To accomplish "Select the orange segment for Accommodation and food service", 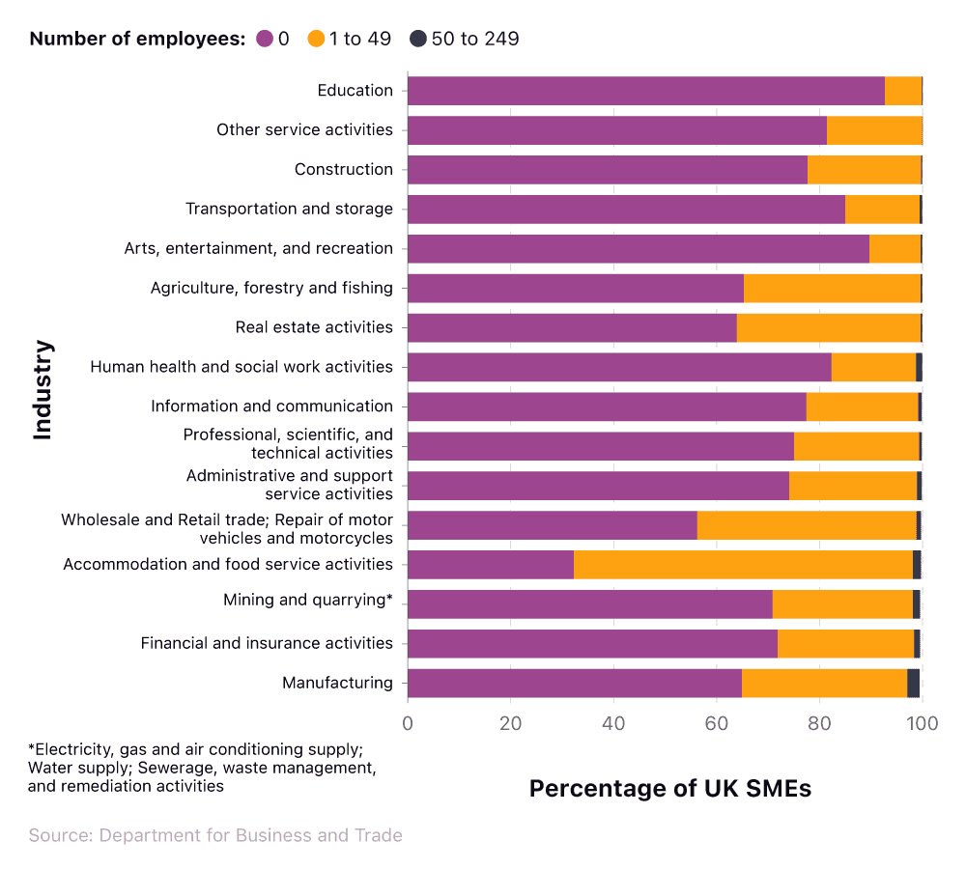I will click(x=743, y=565).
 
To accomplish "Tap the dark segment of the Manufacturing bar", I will click(x=913, y=684).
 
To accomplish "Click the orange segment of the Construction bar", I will click(x=864, y=170).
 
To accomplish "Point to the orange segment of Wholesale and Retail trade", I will click(x=806, y=525).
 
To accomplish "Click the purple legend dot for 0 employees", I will click(x=265, y=40).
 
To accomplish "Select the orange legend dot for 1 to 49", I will click(x=316, y=40).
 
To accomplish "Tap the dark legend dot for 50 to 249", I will click(x=417, y=40).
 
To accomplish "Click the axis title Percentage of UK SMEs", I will click(x=670, y=788).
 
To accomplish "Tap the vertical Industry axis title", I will click(x=43, y=389).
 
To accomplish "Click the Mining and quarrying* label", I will click(x=308, y=601).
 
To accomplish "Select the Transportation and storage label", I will click(x=289, y=210).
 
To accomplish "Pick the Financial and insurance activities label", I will click(x=267, y=643).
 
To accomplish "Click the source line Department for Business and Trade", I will click(x=215, y=835).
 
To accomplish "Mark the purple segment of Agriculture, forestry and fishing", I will click(x=576, y=288).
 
